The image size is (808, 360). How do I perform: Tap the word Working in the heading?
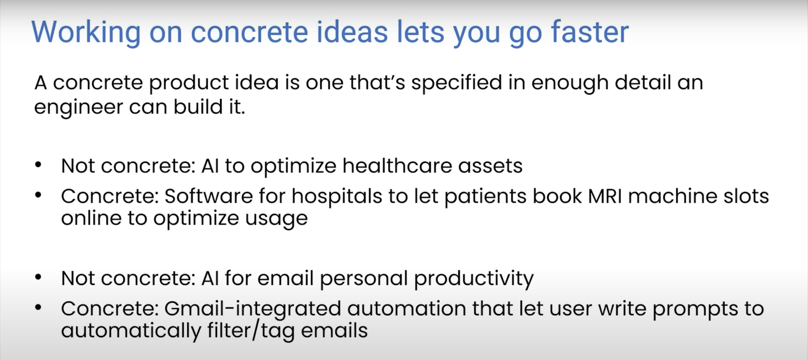point(86,33)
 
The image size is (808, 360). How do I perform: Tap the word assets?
point(490,166)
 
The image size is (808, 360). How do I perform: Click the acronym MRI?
point(605,196)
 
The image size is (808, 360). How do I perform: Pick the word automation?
point(407,309)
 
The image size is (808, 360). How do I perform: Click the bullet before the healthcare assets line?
point(38,165)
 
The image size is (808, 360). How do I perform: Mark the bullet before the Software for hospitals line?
point(38,195)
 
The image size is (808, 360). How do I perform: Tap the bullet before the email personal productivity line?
point(38,277)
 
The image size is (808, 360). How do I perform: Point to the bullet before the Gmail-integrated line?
point(38,307)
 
